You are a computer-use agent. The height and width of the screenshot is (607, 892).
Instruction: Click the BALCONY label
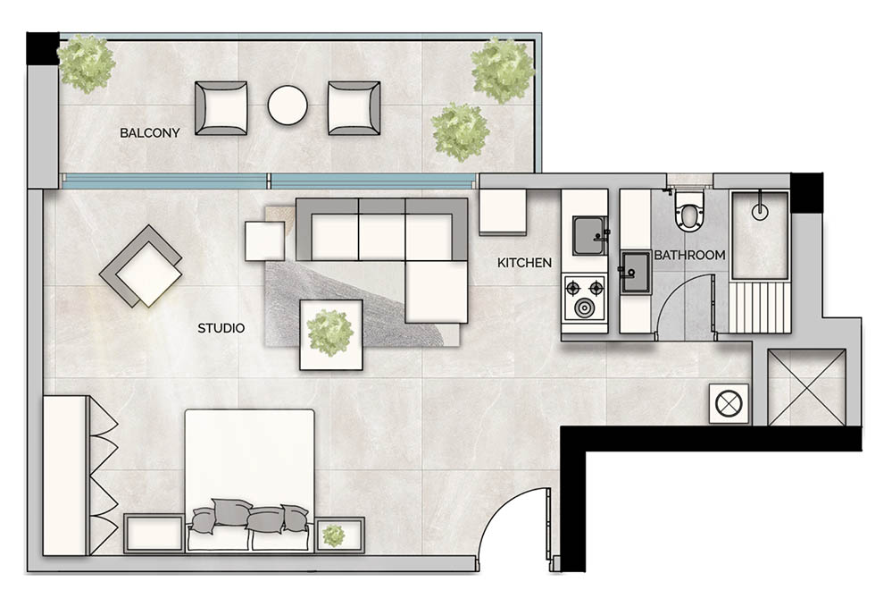click(150, 133)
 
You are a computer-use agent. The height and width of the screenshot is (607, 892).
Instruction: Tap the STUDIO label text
click(221, 328)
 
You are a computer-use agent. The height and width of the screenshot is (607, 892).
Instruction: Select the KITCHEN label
click(524, 263)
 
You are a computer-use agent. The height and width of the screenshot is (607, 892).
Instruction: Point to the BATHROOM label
click(689, 256)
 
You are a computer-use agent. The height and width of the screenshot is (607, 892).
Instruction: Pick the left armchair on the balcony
click(221, 107)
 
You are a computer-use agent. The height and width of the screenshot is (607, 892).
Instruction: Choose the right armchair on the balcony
click(353, 107)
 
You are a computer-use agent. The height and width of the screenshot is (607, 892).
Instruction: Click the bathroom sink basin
click(635, 270)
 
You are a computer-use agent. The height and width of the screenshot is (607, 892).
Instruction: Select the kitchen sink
click(588, 235)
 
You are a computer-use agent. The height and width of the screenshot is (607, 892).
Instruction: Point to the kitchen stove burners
click(583, 298)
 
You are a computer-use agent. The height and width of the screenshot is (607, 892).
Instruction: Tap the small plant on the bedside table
click(333, 535)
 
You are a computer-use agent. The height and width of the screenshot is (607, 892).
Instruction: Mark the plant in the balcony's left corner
click(86, 63)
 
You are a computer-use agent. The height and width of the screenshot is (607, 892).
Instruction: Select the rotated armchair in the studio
click(140, 266)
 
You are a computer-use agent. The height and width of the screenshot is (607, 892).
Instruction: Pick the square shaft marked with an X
click(806, 386)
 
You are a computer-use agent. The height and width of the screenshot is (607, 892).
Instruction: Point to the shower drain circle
click(760, 213)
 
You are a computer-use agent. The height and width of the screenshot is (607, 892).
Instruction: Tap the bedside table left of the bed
click(153, 535)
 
